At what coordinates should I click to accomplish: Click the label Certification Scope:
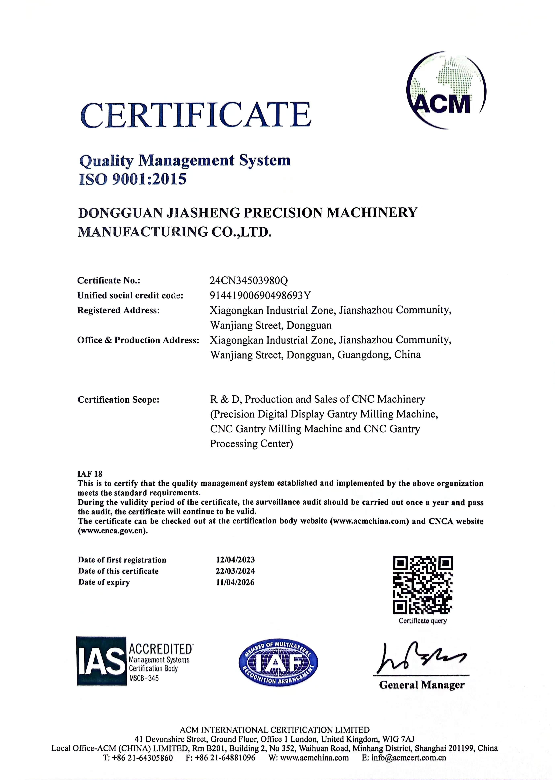click(118, 399)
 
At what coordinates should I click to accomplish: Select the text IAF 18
click(90, 474)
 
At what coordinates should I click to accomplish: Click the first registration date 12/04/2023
click(235, 560)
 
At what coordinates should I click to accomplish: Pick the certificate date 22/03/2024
click(235, 571)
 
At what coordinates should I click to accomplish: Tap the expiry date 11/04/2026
click(235, 582)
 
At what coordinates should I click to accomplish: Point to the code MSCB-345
click(144, 678)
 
